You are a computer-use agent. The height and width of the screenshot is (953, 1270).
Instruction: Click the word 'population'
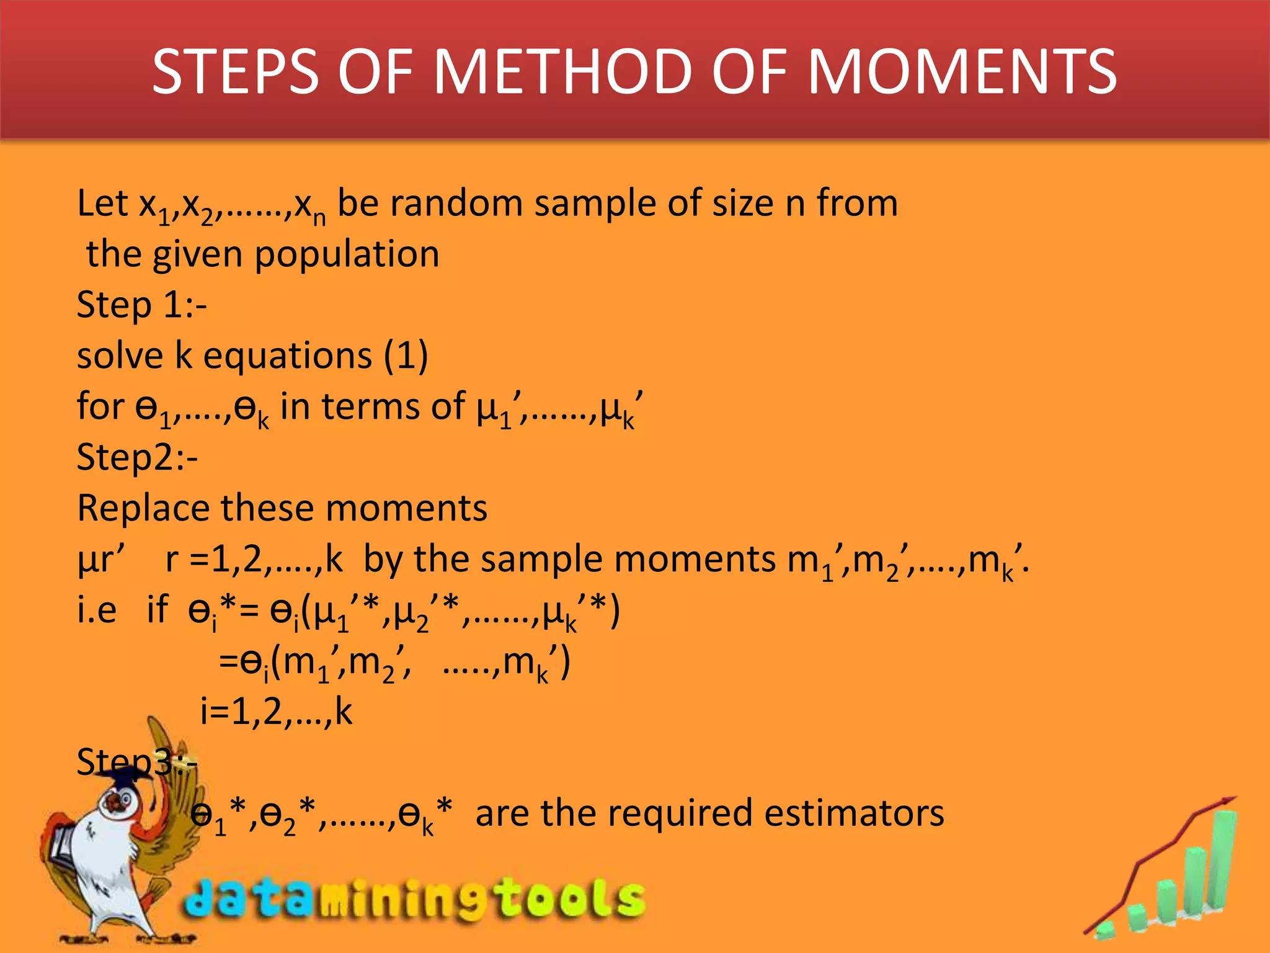(347, 254)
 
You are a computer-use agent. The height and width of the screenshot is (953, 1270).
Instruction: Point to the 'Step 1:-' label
(141, 305)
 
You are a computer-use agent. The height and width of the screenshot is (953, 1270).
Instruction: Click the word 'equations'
(288, 356)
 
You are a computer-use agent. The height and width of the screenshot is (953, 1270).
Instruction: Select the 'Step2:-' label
(137, 458)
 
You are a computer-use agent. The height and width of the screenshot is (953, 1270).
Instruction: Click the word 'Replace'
(143, 509)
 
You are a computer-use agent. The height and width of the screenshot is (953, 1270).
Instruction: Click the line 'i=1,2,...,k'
(276, 712)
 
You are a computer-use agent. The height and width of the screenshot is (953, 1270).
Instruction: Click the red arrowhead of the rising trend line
(1229, 801)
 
